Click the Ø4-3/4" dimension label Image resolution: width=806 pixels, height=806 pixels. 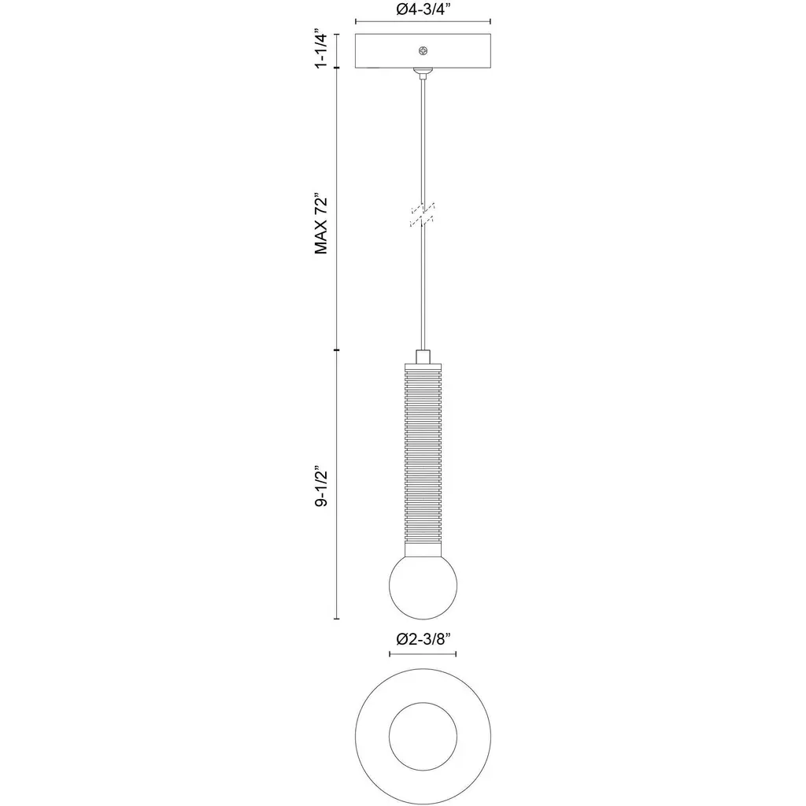pyautogui.click(x=423, y=9)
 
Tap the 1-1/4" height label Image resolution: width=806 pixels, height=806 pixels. pyautogui.click(x=321, y=50)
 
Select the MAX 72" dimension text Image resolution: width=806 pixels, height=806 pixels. pyautogui.click(x=321, y=224)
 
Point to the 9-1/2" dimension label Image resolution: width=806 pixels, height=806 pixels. pyautogui.click(x=321, y=487)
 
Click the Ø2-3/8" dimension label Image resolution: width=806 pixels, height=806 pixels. pyautogui.click(x=423, y=639)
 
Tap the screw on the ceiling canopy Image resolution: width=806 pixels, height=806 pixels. pyautogui.click(x=423, y=50)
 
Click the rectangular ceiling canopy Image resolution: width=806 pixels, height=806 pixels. pyautogui.click(x=423, y=51)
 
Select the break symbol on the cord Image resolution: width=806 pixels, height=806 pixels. pyautogui.click(x=423, y=215)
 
